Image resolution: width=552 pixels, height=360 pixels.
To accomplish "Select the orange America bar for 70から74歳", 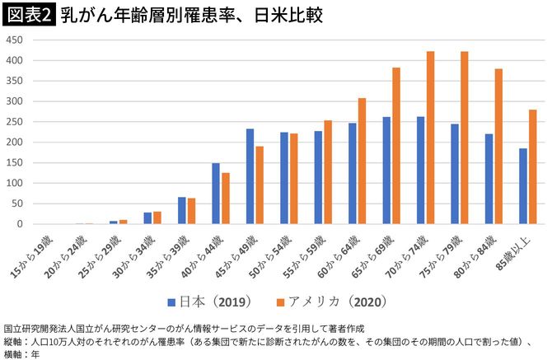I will pos(430,138).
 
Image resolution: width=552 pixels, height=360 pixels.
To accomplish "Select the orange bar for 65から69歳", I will pos(396,146).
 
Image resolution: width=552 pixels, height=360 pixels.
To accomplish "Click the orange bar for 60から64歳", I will pos(362,161).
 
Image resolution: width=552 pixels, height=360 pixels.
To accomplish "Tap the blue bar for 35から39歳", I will pos(182,210).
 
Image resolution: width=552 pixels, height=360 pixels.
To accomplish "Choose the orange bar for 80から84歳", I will pos(498,146).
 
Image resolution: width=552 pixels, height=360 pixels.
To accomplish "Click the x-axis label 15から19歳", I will pos(34,254).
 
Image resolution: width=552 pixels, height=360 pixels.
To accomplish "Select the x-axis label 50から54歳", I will pos(272,254).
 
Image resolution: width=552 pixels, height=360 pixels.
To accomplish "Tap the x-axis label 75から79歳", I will pos(442,254).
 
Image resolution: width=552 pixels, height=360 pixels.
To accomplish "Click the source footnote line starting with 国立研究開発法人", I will pos(165,329).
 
